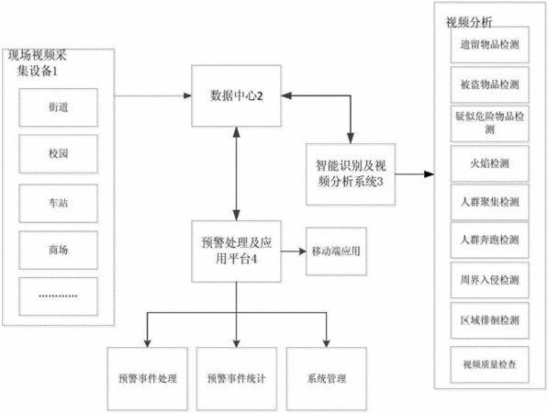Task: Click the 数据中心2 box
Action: pyautogui.click(x=236, y=95)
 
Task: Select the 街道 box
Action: pyautogui.click(x=59, y=107)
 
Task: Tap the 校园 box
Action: pyautogui.click(x=59, y=154)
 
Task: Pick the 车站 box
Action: pyautogui.click(x=59, y=204)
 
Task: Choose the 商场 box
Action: pyautogui.click(x=59, y=251)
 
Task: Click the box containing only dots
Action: pyautogui.click(x=59, y=296)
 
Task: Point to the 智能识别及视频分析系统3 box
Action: pyautogui.click(x=351, y=174)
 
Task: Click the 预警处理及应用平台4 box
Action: pyautogui.click(x=236, y=251)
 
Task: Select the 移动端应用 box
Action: pyautogui.click(x=336, y=251)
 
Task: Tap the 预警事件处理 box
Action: pyautogui.click(x=148, y=378)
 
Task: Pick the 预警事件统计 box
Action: pyautogui.click(x=237, y=378)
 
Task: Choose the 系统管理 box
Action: pyautogui.click(x=327, y=378)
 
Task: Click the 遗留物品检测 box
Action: pyautogui.click(x=489, y=45)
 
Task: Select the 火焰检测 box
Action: pyautogui.click(x=489, y=163)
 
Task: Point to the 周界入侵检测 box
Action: pyautogui.click(x=489, y=280)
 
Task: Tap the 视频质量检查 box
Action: pyautogui.click(x=489, y=364)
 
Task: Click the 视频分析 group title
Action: pyautogui.click(x=469, y=22)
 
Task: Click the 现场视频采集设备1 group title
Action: pyautogui.click(x=37, y=63)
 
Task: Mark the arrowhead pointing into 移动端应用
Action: pyautogui.click(x=302, y=251)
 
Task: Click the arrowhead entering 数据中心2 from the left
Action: pyautogui.click(x=187, y=95)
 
